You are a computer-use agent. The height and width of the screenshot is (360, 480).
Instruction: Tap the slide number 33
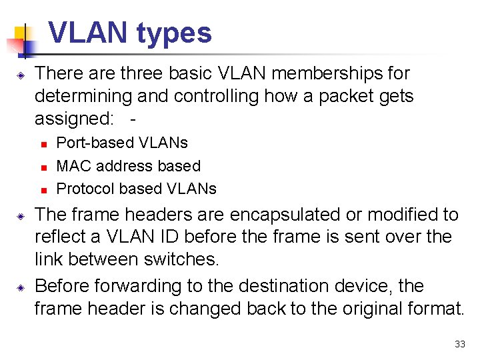(459, 344)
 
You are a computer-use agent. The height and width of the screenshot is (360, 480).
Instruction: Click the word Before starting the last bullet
(62, 286)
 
